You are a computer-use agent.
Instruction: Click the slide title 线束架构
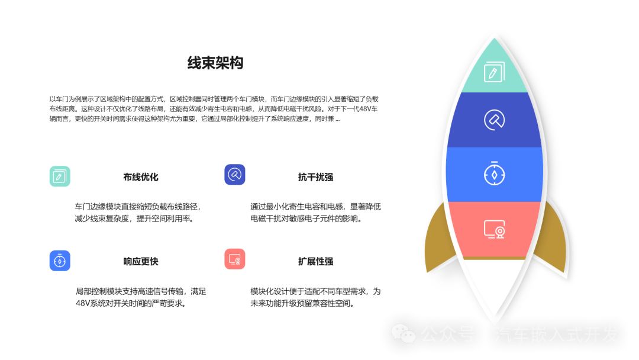(215, 63)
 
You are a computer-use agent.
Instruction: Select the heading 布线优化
(141, 177)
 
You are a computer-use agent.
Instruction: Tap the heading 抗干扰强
(315, 177)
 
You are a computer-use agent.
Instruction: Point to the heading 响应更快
(141, 261)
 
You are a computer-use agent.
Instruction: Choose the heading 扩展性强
(315, 261)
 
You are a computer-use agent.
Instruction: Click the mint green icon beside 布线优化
(60, 176)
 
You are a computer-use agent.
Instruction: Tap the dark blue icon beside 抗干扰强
(235, 175)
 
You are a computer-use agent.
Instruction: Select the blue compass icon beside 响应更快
(60, 261)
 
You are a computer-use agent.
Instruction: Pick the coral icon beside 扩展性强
(235, 259)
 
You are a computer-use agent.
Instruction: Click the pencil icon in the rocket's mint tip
(494, 72)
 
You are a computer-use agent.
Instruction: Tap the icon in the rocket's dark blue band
(494, 120)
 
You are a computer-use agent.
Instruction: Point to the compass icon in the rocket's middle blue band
(494, 173)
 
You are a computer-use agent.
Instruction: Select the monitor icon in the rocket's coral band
(494, 229)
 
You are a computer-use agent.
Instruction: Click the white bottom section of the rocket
(494, 285)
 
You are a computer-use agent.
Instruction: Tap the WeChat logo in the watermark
(404, 333)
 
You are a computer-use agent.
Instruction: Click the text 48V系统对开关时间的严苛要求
(131, 303)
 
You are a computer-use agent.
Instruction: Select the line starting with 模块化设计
(315, 291)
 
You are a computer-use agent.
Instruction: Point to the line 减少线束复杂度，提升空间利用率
(134, 218)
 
